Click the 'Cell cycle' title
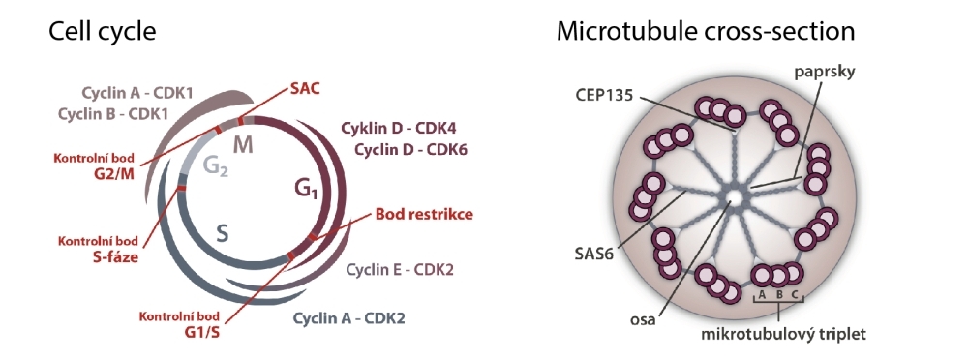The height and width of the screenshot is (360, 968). point(102,31)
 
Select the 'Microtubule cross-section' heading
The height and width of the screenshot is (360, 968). point(706,31)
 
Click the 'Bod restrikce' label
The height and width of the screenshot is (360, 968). point(424,214)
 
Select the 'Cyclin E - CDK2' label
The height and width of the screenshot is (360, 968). point(400,270)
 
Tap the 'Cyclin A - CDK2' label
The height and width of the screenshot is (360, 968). point(348,318)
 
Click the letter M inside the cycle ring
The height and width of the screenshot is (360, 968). point(243,146)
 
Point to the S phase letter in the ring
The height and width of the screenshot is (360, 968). point(223,233)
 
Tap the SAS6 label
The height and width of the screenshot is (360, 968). point(595,254)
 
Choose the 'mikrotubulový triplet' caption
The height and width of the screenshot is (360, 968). point(783,334)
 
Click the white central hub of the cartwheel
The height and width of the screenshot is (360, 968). point(734,196)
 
